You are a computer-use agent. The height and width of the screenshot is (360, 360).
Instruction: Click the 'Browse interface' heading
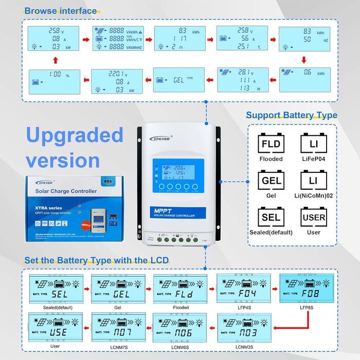pyautogui.click(x=60, y=10)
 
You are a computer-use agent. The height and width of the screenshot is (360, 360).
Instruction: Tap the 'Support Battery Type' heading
pyautogui.click(x=291, y=115)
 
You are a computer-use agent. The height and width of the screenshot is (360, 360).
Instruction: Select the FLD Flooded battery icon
pyautogui.click(x=271, y=143)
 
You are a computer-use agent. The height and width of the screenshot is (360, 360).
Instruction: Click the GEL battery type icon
pyautogui.click(x=271, y=181)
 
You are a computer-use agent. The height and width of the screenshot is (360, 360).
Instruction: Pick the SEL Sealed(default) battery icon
pyautogui.click(x=271, y=217)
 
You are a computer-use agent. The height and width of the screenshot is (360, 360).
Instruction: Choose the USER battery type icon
pyautogui.click(x=314, y=217)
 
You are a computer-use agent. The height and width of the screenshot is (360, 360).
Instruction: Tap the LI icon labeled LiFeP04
pyautogui.click(x=314, y=143)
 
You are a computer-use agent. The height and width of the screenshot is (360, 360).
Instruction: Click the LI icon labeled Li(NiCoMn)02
pyautogui.click(x=314, y=181)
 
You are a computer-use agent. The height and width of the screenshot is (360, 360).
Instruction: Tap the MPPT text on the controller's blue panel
pyautogui.click(x=161, y=210)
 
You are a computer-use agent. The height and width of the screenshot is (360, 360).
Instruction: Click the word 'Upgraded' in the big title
pyautogui.click(x=75, y=135)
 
